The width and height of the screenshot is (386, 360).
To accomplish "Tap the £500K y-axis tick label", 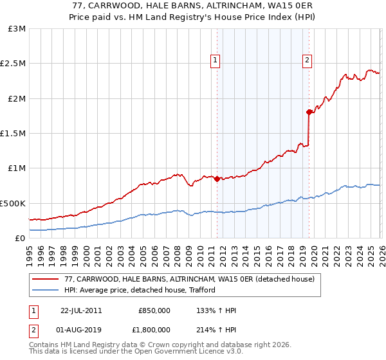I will [x=13, y=203].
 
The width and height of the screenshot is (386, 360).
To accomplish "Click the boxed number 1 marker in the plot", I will [x=216, y=60].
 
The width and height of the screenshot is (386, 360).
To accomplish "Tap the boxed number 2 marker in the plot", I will [x=307, y=60].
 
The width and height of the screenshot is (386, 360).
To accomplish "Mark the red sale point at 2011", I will [x=217, y=179].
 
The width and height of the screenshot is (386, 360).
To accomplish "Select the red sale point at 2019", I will [x=309, y=113].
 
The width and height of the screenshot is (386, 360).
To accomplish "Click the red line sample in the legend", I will [x=46, y=279].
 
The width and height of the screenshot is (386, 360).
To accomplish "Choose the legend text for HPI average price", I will [x=140, y=290].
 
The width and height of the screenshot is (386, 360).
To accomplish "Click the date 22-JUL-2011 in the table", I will [x=81, y=310].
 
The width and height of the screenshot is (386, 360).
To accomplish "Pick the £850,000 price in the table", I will [x=154, y=310].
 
